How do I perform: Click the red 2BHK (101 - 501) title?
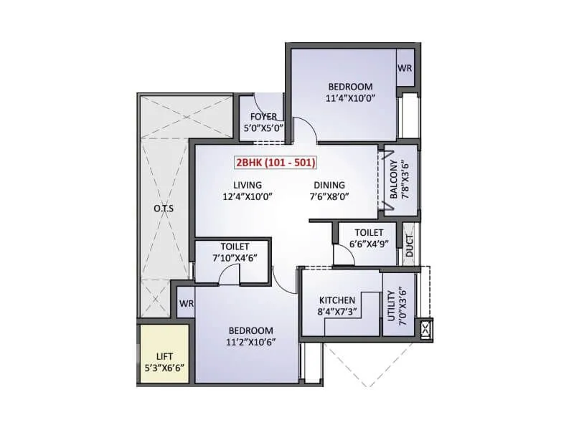[276, 163]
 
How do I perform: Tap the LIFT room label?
[164, 355]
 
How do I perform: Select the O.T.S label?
[164, 209]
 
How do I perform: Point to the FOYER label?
[263, 117]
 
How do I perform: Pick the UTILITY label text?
[392, 307]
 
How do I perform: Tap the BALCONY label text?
[395, 183]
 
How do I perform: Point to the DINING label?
[328, 185]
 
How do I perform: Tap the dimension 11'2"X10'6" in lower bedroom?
[251, 342]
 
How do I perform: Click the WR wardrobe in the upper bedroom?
[406, 69]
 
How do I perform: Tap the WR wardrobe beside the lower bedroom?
[187, 302]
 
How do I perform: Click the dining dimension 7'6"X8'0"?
[329, 197]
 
